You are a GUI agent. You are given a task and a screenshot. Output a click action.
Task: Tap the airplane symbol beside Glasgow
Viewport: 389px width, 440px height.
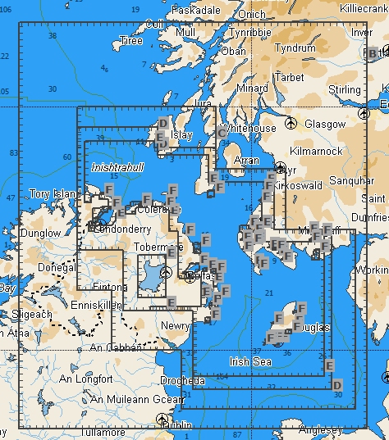pyautogui.click(x=291, y=123)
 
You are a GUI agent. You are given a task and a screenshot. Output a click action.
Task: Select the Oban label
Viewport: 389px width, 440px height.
pyautogui.click(x=233, y=51)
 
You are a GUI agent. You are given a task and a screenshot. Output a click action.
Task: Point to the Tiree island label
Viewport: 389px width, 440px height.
pyautogui.click(x=131, y=41)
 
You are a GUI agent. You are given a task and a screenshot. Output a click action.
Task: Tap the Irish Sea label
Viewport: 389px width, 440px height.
pyautogui.click(x=250, y=361)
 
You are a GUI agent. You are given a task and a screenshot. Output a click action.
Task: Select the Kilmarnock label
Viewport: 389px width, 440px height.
pyautogui.click(x=316, y=152)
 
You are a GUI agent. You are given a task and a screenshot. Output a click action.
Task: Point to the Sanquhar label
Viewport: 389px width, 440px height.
pyautogui.click(x=350, y=179)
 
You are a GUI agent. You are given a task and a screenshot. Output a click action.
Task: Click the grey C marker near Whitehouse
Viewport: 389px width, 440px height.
pyautogui.click(x=222, y=133)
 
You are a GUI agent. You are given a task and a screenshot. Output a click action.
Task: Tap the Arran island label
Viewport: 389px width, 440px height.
pyautogui.click(x=247, y=161)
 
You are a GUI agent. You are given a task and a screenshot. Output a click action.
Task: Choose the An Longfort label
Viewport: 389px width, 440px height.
pyautogui.click(x=85, y=379)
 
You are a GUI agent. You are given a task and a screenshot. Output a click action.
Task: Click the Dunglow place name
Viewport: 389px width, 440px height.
pyautogui.click(x=40, y=234)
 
